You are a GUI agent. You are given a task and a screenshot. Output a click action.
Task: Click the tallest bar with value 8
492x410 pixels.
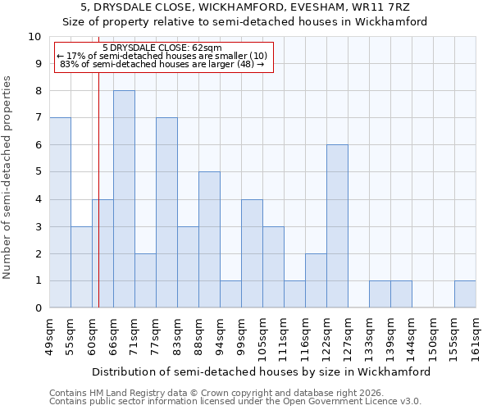point(124,199)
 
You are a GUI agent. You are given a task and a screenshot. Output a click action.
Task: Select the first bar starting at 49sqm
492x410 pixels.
point(60,212)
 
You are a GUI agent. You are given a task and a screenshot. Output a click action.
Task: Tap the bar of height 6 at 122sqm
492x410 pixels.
point(337,226)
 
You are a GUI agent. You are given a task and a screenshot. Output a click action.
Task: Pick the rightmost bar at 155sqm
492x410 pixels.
point(465,294)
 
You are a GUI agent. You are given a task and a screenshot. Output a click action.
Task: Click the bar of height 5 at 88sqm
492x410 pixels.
point(209,239)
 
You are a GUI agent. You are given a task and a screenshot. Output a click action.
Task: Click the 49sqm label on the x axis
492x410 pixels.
point(50,334)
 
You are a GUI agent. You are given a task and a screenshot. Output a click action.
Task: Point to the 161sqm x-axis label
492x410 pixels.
point(476,336)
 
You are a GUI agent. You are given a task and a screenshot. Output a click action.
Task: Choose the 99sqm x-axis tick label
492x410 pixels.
point(242,334)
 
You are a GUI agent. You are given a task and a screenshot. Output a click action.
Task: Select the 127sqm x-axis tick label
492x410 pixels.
point(348,336)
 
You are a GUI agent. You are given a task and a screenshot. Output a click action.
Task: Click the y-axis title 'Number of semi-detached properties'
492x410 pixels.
point(8,177)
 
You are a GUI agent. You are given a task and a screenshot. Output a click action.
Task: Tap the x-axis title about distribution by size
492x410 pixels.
point(262,371)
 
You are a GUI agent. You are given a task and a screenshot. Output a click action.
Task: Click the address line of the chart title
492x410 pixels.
point(244,7)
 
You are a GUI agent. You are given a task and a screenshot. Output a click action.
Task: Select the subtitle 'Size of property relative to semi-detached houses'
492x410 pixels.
point(244,22)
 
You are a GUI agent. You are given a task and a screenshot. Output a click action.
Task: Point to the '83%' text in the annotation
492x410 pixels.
point(69,64)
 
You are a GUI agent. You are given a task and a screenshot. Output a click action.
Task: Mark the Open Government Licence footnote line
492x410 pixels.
point(235,402)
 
